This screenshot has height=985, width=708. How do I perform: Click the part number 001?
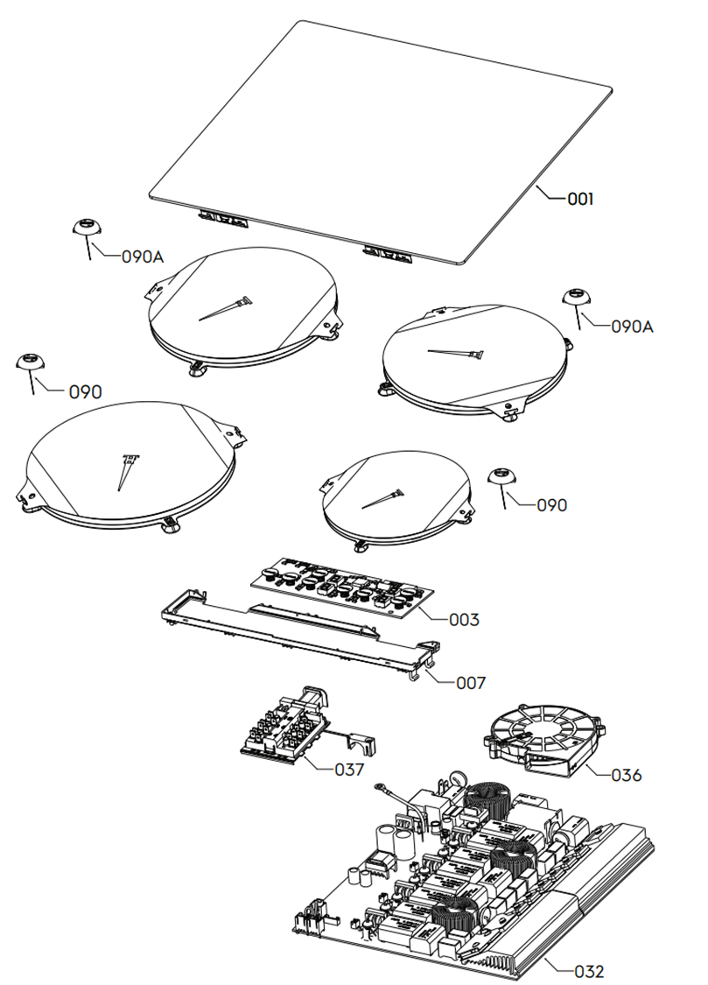coord(580,199)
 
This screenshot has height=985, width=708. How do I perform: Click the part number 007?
coord(470,681)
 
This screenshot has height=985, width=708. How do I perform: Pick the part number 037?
coord(349,770)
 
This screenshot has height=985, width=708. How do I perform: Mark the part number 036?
coord(627,775)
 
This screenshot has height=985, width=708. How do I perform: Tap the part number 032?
coord(589,971)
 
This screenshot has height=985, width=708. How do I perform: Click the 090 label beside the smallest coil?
coord(551,505)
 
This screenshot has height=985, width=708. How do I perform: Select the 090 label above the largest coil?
coord(86,391)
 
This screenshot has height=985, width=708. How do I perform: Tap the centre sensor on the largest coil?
coord(125,468)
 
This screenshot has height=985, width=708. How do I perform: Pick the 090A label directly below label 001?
coord(633,327)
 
